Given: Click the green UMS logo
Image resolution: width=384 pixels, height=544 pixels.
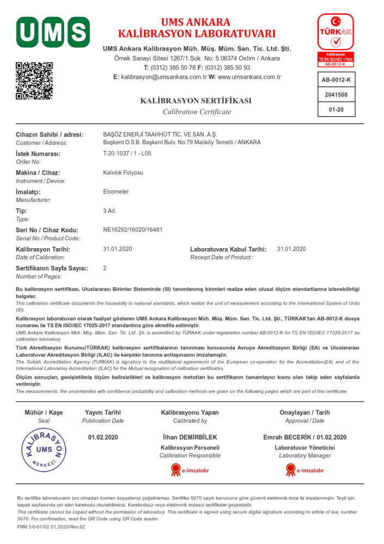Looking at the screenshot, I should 53,32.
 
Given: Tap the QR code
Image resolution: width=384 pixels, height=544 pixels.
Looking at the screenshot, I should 34,81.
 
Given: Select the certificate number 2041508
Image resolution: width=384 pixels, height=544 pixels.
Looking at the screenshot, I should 336,95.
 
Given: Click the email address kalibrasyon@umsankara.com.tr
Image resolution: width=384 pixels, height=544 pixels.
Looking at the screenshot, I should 164,77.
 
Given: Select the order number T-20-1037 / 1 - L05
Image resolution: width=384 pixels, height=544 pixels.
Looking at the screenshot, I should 127,153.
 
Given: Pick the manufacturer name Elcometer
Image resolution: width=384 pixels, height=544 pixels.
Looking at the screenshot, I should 116,191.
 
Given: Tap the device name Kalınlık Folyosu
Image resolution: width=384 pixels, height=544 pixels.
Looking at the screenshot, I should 123,172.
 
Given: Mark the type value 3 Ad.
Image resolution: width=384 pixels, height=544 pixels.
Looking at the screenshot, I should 110,211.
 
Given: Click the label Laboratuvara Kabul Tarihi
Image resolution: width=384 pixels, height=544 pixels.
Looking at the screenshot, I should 228,249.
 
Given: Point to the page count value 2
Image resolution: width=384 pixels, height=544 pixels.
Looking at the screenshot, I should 105,268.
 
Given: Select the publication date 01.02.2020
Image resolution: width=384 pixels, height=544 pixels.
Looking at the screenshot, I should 103,437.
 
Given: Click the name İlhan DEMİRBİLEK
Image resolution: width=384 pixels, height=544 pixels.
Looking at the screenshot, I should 190,437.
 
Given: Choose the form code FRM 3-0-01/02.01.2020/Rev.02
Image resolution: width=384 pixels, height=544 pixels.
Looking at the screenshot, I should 51,527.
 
